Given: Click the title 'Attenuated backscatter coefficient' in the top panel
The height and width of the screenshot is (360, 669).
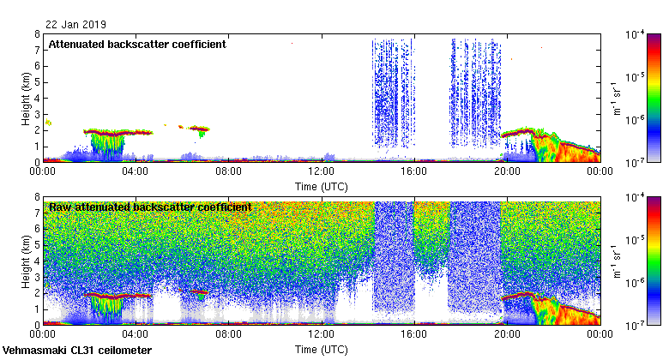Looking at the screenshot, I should [137, 44].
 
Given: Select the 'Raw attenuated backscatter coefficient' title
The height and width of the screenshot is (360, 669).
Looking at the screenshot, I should [150, 207].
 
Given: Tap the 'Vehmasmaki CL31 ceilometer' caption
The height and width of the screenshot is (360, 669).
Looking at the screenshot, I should [77, 351].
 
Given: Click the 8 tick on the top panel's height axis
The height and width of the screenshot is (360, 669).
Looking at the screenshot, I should [37, 34].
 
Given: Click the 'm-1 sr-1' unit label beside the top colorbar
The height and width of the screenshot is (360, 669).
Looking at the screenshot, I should [617, 98].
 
